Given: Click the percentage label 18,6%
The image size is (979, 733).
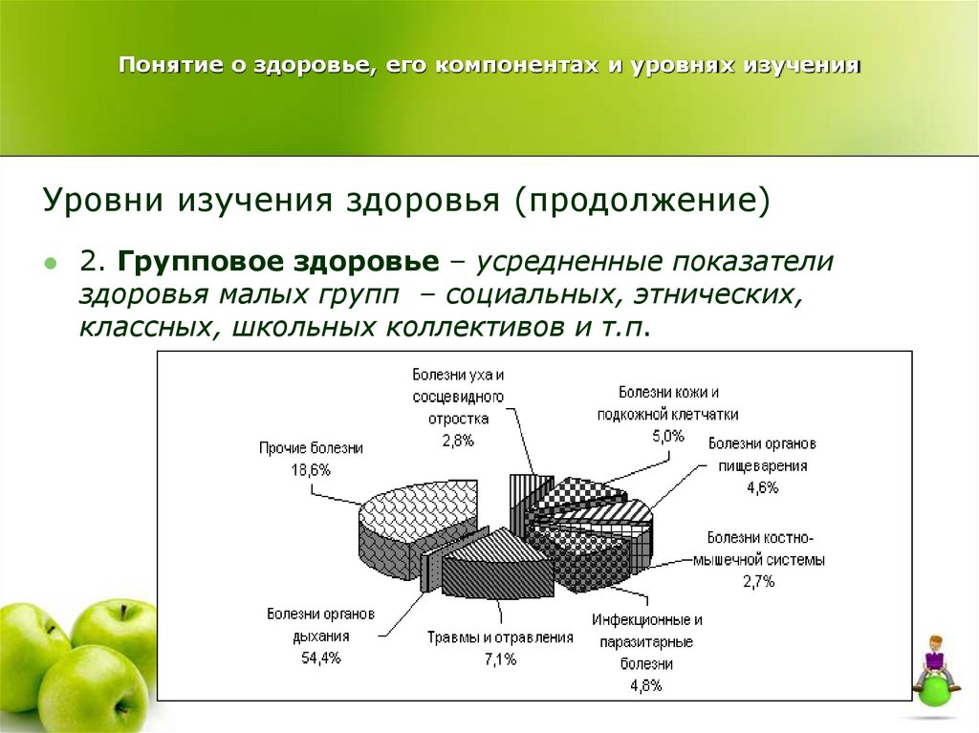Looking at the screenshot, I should [311, 469].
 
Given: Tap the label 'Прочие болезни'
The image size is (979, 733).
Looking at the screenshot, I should [311, 447].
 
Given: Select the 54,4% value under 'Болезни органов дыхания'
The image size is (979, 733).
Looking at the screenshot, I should [320, 658].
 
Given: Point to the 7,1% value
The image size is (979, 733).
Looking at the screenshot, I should [499, 658].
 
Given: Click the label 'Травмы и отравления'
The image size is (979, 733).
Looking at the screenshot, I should [499, 637].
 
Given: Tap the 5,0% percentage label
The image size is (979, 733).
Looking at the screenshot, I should [667, 436].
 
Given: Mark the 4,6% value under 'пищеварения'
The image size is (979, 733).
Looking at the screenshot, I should [762, 487].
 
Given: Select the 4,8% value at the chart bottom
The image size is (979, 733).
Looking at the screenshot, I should [646, 684].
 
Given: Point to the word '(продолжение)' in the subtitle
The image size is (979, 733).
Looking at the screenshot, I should [641, 201].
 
